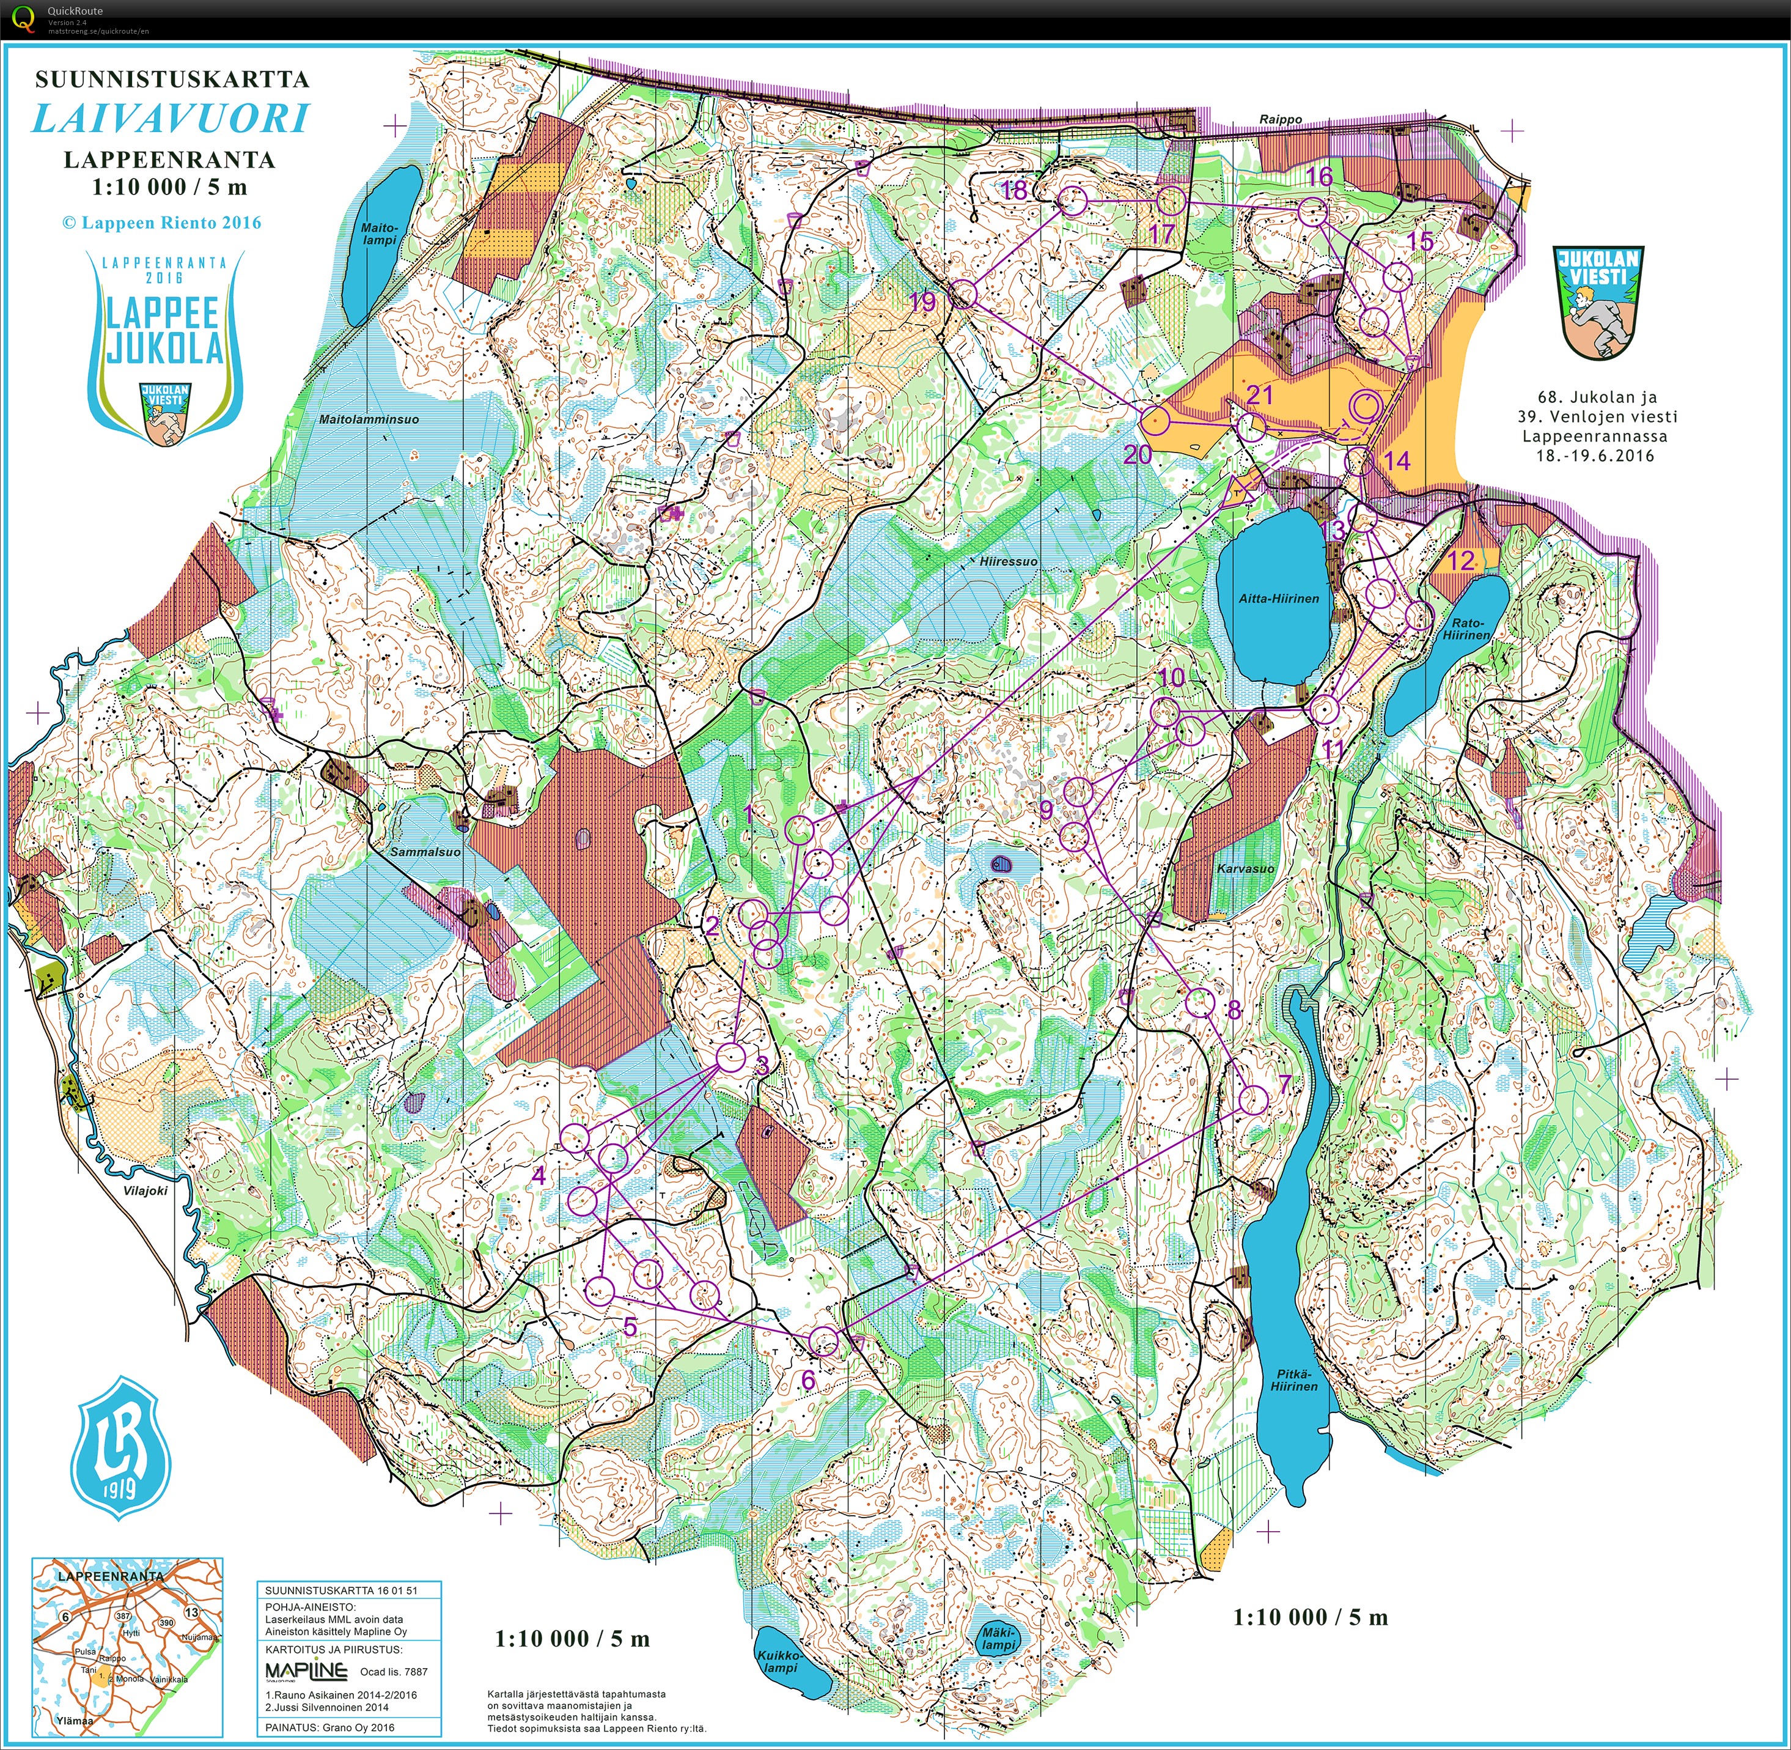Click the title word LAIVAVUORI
click(171, 119)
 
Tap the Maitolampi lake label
click(380, 234)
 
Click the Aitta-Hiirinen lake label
click(1278, 599)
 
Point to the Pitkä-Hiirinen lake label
click(1294, 1381)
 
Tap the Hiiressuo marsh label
click(1008, 561)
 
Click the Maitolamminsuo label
click(369, 419)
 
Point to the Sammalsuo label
click(425, 852)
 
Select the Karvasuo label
click(1245, 868)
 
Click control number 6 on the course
click(807, 1379)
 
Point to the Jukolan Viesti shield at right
click(1598, 301)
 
